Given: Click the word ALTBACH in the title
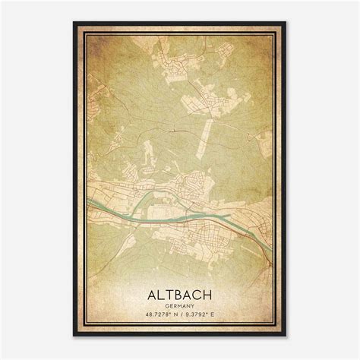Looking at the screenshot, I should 181,292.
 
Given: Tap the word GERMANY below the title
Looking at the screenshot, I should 181,304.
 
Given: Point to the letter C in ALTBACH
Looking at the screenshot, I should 197,292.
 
